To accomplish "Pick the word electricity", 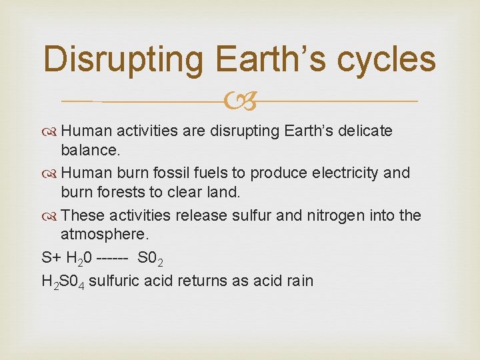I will click(353, 173).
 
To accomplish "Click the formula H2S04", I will click(63, 281).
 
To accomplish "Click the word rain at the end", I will click(299, 280).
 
